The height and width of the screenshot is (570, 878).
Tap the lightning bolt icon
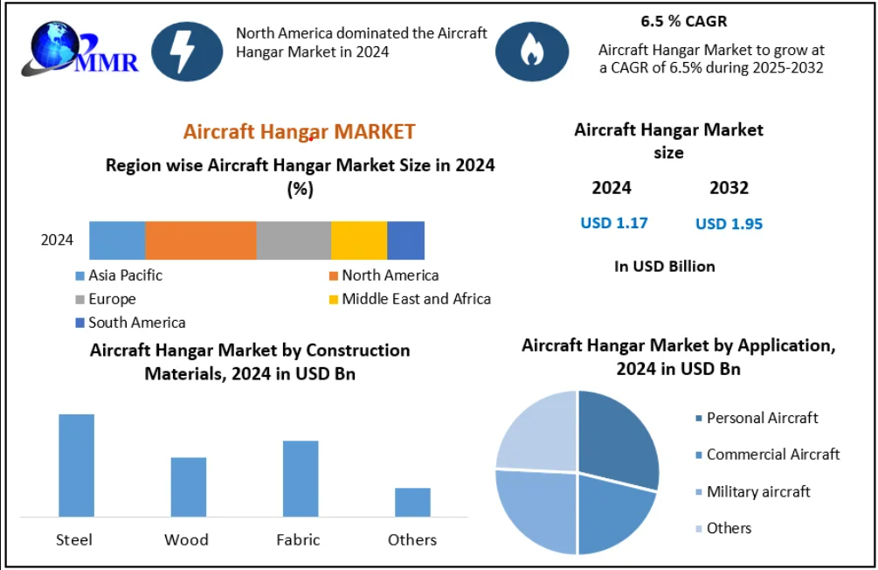coord(186,50)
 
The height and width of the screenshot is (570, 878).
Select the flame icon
coord(531,52)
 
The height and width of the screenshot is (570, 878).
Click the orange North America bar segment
coord(200,240)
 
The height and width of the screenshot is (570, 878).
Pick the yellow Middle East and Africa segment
coord(358,240)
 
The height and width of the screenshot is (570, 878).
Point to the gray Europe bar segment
coord(294,240)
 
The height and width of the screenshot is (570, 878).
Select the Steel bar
coord(76,465)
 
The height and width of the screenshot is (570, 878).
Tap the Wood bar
coord(188,486)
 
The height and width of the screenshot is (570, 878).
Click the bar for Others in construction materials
coord(412,502)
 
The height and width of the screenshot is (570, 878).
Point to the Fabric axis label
coord(298,539)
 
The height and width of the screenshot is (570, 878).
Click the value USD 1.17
coord(614,223)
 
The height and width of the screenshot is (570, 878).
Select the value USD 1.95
coord(729,224)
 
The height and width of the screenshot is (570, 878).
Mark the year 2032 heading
coord(729,188)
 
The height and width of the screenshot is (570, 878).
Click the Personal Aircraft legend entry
coord(761,418)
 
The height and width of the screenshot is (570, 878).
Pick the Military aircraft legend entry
coord(757,491)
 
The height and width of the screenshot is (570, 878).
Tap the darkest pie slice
coord(617,437)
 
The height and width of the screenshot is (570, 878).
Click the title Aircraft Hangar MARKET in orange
coord(299,132)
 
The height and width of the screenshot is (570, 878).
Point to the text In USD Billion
coord(664,267)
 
